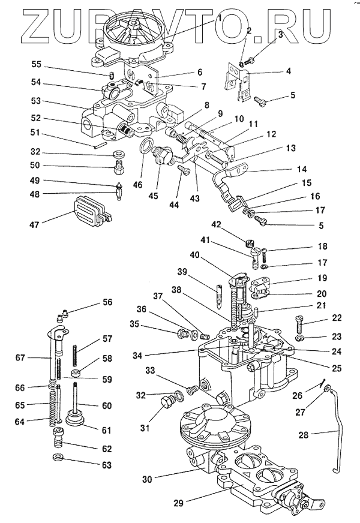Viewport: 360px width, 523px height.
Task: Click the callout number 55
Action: click(x=36, y=64)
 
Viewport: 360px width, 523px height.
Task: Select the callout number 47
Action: click(x=34, y=224)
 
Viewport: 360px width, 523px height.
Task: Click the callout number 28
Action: click(x=304, y=435)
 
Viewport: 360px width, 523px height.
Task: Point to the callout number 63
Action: click(x=106, y=465)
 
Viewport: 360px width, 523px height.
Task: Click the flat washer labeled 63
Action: click(x=59, y=456)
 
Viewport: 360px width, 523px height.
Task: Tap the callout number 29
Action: click(x=178, y=503)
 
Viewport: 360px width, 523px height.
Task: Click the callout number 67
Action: click(x=20, y=357)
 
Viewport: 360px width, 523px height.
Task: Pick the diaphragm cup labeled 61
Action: click(x=74, y=418)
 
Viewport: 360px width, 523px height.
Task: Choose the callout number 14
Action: click(x=302, y=169)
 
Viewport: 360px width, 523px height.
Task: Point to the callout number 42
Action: click(x=217, y=224)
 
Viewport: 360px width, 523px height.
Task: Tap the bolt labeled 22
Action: click(x=299, y=324)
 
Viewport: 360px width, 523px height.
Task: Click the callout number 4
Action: click(x=288, y=71)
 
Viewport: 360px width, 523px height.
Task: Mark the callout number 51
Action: click(x=35, y=133)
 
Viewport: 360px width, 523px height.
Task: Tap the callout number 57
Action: click(x=107, y=338)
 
